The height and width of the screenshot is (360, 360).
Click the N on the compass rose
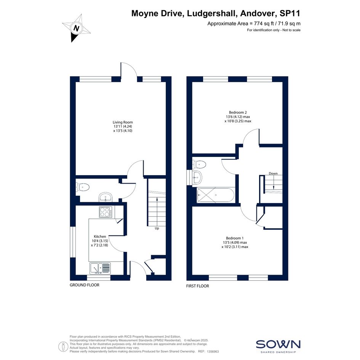[76, 29]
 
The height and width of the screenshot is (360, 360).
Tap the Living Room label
[123, 122]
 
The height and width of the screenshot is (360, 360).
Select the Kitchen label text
[100, 237]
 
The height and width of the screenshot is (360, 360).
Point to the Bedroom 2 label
[238, 112]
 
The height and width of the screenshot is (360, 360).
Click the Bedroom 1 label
[235, 238]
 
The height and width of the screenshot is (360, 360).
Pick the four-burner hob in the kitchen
[106, 212]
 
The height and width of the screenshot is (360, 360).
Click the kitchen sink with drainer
[100, 269]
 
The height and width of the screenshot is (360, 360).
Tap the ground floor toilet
[82, 187]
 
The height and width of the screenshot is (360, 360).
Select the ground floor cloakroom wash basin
[106, 197]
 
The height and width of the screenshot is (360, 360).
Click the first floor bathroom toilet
[199, 164]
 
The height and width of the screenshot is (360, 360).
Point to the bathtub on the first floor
[216, 195]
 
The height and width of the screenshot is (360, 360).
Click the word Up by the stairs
[157, 228]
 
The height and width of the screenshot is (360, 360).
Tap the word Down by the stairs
[273, 173]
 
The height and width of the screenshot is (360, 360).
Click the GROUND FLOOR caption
[85, 285]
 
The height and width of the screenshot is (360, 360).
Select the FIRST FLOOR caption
[198, 286]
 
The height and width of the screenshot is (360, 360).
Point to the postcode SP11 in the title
[290, 13]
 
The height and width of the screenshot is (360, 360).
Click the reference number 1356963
[213, 352]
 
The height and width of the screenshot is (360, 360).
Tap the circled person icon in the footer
[63, 347]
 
